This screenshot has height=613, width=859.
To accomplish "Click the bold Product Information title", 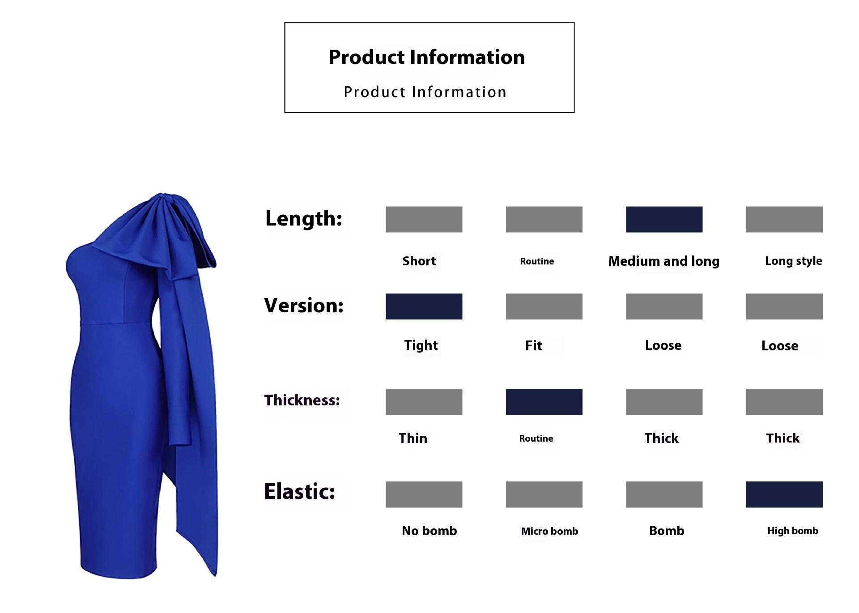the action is point(426,57).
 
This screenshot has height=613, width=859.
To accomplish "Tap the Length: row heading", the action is point(304,219).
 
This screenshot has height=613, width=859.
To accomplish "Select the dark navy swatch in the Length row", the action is point(664,219).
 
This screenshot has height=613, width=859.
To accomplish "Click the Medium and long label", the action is point(664,261).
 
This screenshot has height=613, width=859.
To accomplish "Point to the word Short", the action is point(419,261).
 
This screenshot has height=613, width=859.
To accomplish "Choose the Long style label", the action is point(794,261).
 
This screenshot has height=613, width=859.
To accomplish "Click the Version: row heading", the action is point(304,306).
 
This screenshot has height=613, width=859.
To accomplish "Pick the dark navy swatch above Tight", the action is point(424,306).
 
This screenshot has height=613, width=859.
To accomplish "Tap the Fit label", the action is point(533,345).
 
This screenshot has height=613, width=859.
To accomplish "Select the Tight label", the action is point(421,345).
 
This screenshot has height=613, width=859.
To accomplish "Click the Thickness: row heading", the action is point(302,400).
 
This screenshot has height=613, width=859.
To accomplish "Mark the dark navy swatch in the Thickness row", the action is point(544,402).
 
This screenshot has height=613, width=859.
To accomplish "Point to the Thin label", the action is point(413,438).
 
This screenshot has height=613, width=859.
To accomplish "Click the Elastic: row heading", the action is point(300,491).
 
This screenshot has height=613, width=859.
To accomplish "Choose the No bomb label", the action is point(429,531).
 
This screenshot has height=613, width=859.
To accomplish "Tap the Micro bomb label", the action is point(549,531).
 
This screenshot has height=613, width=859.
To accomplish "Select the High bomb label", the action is point(793,531).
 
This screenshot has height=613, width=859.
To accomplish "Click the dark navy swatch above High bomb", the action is point(784,494).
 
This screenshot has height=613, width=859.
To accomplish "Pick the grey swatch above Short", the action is point(424,219).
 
